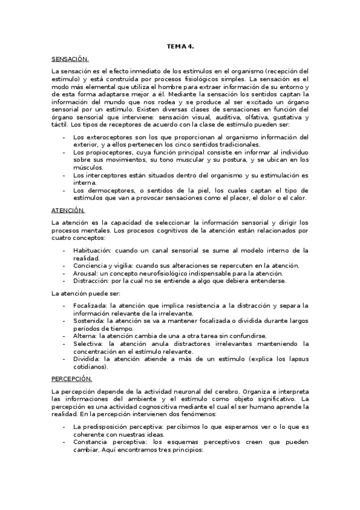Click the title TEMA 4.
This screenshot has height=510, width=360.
coord(180,46)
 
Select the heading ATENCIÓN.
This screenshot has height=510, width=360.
coord(69,210)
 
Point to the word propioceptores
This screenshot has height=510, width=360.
coord(99,153)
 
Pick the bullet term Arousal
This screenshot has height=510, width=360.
coord(85,272)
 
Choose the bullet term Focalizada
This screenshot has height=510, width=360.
coord(90,305)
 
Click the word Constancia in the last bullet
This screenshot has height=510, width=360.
coord(93,442)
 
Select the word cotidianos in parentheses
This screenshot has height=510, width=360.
coord(90,366)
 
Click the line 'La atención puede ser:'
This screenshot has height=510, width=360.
coord(86,293)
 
